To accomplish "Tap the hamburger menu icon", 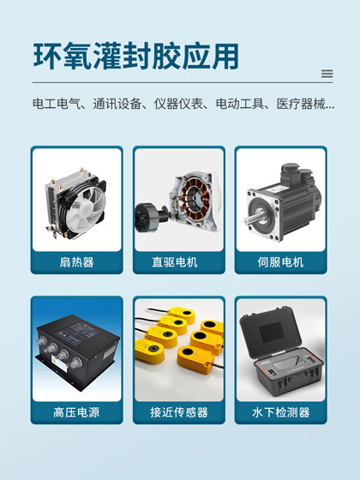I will [327, 74].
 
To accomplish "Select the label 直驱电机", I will [179, 261].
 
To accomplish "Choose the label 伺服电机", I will [281, 261].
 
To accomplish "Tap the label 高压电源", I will [76, 412].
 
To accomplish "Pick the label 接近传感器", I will [179, 412].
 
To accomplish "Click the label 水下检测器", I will [281, 412].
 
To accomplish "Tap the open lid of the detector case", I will [281, 326].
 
